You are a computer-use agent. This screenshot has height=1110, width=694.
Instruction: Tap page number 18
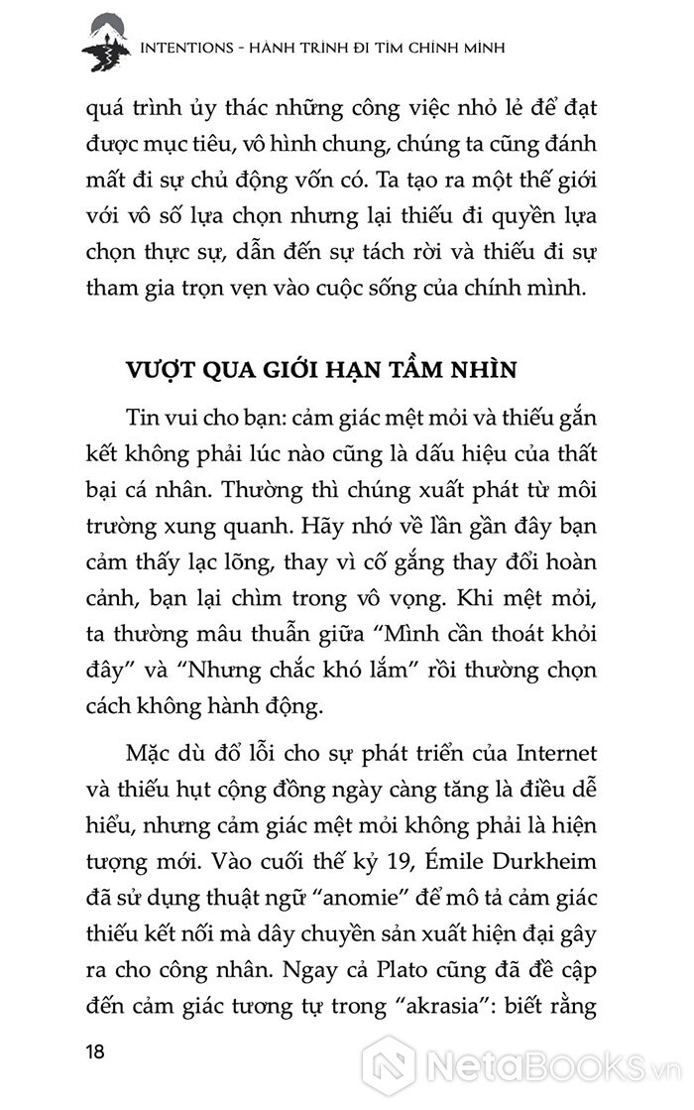pos(95,1051)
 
